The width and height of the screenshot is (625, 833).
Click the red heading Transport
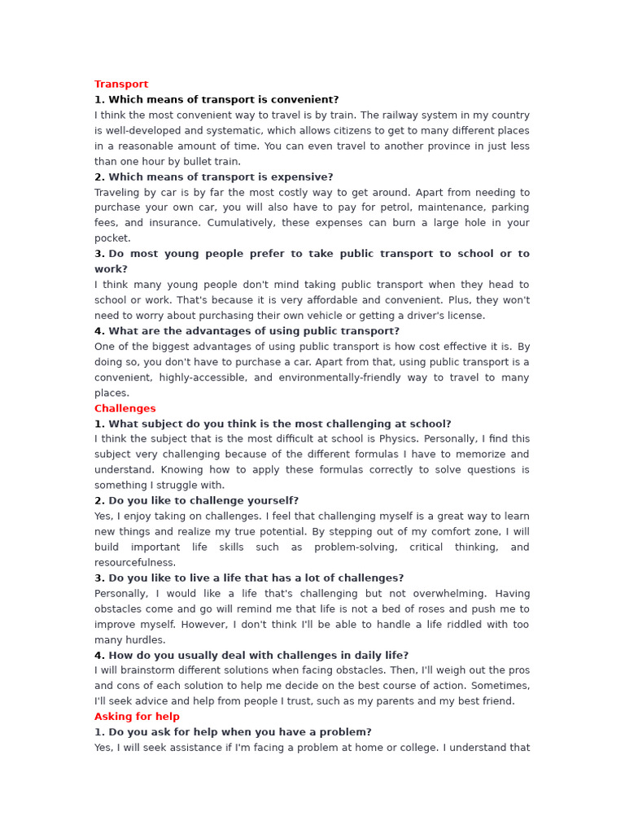click(121, 85)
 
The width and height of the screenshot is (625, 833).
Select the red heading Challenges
click(125, 408)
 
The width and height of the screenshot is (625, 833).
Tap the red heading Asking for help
click(137, 717)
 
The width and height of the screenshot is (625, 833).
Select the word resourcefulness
click(135, 563)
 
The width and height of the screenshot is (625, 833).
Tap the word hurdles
click(146, 640)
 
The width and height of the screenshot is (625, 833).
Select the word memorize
click(481, 455)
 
